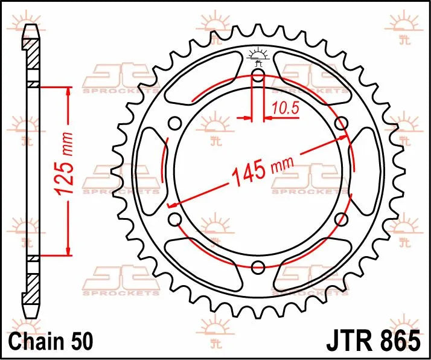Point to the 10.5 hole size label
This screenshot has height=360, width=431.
283,109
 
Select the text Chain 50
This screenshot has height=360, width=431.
51,342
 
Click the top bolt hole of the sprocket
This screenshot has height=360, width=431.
258,75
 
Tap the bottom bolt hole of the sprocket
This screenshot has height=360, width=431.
258,267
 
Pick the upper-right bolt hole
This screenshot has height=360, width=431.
342,124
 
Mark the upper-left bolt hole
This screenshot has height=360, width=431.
175,124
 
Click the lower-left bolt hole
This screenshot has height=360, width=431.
175,219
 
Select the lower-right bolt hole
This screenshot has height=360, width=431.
342,219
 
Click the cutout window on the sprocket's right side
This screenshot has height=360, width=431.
367,171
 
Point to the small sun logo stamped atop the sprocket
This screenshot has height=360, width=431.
258,54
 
